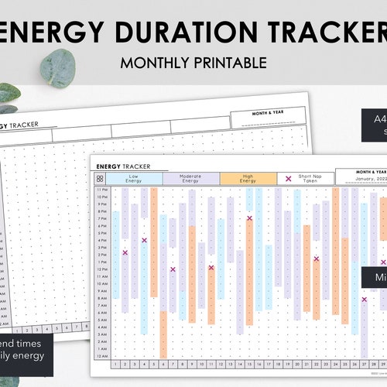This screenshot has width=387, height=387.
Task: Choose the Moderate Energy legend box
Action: [x=191, y=179]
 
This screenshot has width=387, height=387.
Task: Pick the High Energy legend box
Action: [x=248, y=179]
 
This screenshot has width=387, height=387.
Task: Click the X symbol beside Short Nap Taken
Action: [x=289, y=179]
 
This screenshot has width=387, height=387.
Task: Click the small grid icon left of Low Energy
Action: [x=101, y=179]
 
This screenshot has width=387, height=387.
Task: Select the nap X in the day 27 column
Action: [x=364, y=299]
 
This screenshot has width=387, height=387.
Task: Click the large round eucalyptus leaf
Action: [x=57, y=68]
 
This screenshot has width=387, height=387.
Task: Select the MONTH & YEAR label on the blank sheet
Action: [x=259, y=114]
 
